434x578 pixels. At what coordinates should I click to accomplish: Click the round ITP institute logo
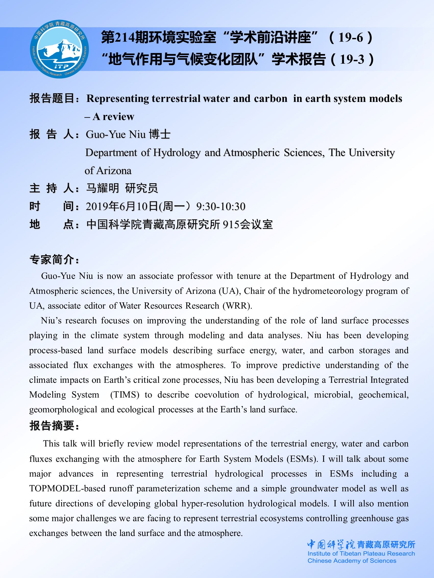(x=59, y=49)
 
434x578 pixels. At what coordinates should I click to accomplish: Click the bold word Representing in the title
(x=117, y=99)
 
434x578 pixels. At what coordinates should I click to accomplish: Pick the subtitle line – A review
(x=109, y=116)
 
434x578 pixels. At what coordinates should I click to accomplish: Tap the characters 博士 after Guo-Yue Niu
(x=159, y=135)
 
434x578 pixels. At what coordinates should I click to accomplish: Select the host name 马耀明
(x=102, y=188)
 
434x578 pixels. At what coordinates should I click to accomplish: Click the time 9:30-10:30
(x=221, y=206)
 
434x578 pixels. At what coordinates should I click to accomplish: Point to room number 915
(x=231, y=225)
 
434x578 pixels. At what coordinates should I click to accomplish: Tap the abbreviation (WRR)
(x=237, y=306)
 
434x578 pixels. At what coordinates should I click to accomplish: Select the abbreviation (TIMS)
(x=125, y=395)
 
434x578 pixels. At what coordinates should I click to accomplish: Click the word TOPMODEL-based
(x=67, y=488)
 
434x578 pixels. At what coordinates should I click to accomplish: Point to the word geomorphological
(x=63, y=410)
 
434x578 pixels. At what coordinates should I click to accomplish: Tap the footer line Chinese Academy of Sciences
(x=352, y=560)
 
